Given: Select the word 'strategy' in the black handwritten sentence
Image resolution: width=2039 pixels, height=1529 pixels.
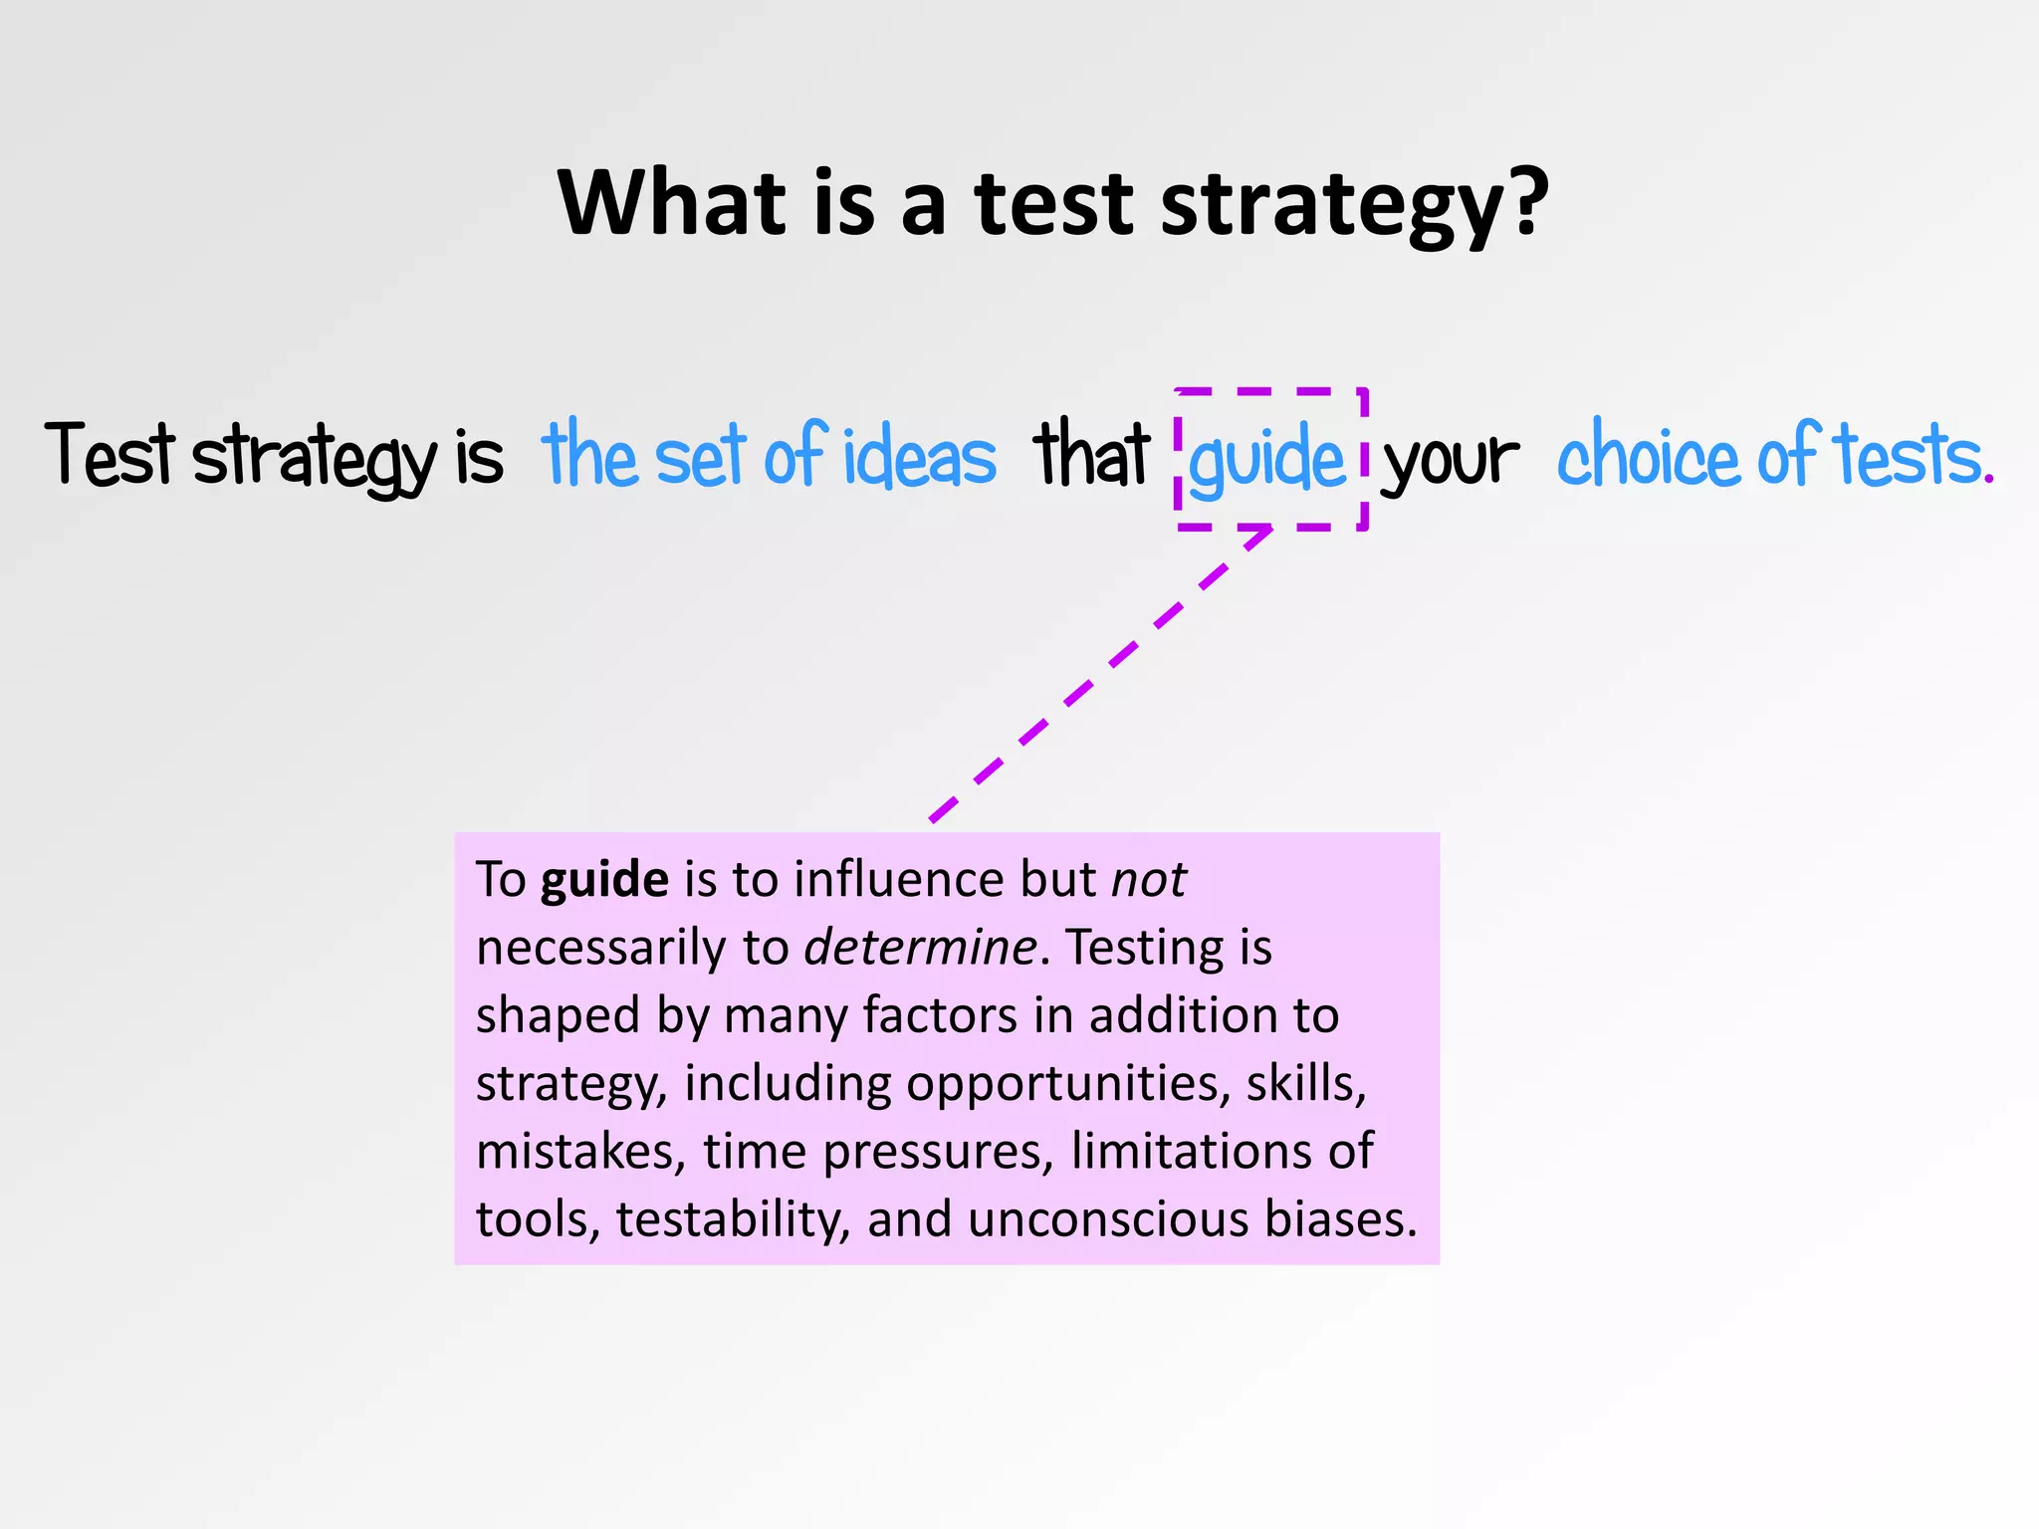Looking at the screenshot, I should pos(315,458).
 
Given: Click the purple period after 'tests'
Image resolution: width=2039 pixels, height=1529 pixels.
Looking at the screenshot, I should pos(1988,481).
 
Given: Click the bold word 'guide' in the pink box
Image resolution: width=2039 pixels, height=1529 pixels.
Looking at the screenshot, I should pos(604,880).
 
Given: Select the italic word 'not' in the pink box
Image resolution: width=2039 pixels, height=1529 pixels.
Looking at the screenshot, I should pos(1148,880).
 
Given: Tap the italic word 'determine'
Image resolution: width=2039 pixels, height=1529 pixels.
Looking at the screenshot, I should pos(920,948).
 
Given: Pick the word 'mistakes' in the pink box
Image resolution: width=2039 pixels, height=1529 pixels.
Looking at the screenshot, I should pos(580,1151).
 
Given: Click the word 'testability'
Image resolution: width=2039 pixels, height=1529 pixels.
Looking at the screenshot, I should pos(733,1219).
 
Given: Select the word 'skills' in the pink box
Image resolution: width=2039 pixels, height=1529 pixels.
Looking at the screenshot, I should pos(1304,1083).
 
